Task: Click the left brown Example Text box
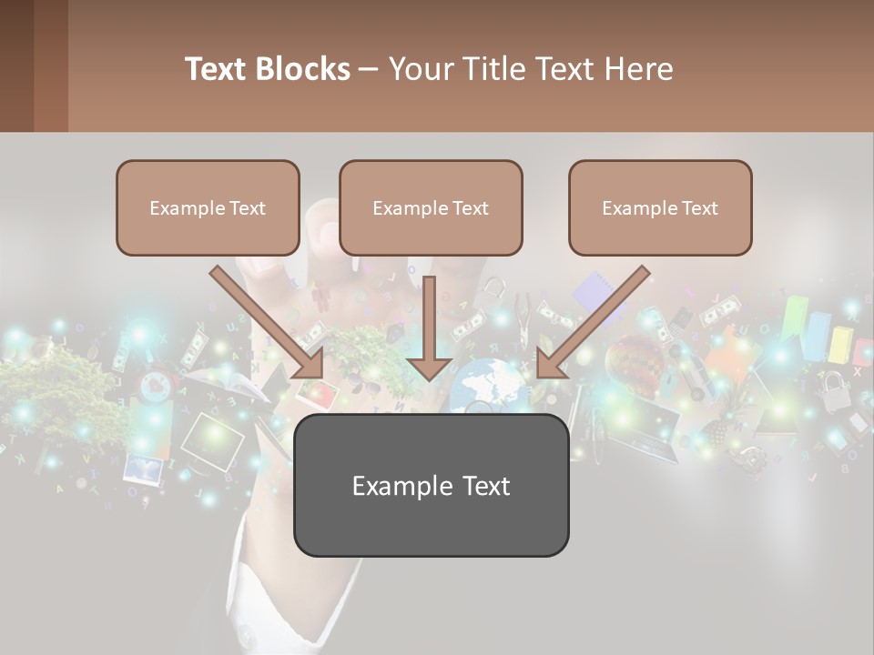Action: point(208,208)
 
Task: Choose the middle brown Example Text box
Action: point(431,208)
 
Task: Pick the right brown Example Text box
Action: point(660,208)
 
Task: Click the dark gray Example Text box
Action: point(431,486)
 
